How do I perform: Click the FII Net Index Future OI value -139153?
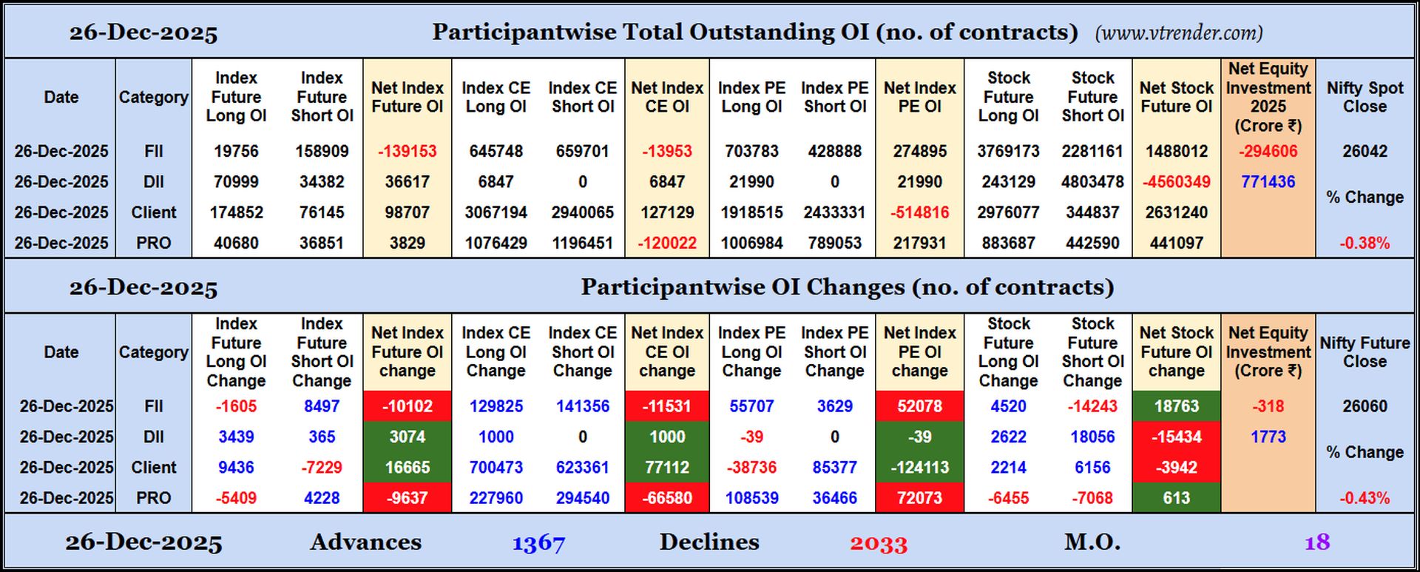(x=407, y=151)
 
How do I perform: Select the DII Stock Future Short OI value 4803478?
(x=1092, y=181)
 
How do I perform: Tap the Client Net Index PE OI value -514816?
(x=919, y=212)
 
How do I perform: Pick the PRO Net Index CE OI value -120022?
(x=667, y=243)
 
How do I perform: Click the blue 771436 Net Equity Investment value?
(x=1268, y=181)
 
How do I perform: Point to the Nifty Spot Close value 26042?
(x=1365, y=151)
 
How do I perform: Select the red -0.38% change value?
(x=1365, y=243)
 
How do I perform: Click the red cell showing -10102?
(x=407, y=406)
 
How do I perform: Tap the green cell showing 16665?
(x=407, y=467)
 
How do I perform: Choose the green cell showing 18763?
(x=1176, y=406)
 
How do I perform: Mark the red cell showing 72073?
(x=919, y=497)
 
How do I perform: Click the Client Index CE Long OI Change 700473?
(x=496, y=467)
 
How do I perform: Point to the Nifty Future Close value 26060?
(x=1365, y=406)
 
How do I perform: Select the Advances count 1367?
(x=538, y=543)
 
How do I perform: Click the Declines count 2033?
(x=879, y=543)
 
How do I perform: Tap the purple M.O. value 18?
(x=1317, y=542)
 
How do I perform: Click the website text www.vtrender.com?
(x=1179, y=33)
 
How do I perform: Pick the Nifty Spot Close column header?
(x=1365, y=97)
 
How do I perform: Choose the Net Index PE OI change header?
(x=919, y=351)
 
